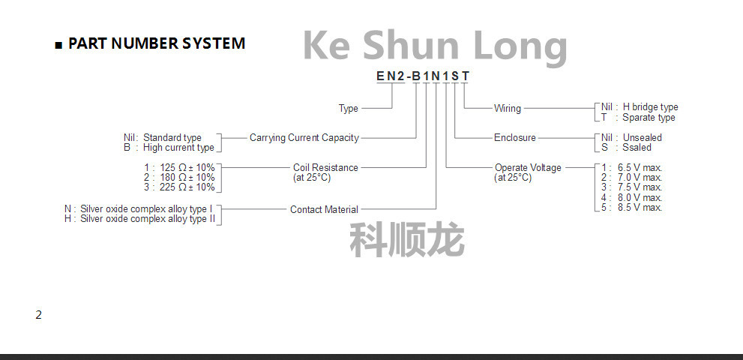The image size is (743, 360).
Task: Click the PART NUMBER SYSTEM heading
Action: pos(156,43)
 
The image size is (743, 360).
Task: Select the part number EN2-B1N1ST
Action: pos(423,75)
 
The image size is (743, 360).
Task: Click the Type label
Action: pos(349,109)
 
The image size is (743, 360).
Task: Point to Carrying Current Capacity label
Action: pos(304,138)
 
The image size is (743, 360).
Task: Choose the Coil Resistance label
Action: pos(325,168)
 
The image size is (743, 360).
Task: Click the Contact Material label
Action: pos(324,210)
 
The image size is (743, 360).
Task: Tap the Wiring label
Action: pos(507,109)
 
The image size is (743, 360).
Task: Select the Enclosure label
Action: pos(515,138)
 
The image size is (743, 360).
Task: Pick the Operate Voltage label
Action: pos(528,168)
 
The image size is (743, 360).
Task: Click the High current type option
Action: pos(178,148)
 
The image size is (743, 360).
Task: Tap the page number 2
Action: pos(38,315)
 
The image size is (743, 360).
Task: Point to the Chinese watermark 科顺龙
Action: pos(407,240)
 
